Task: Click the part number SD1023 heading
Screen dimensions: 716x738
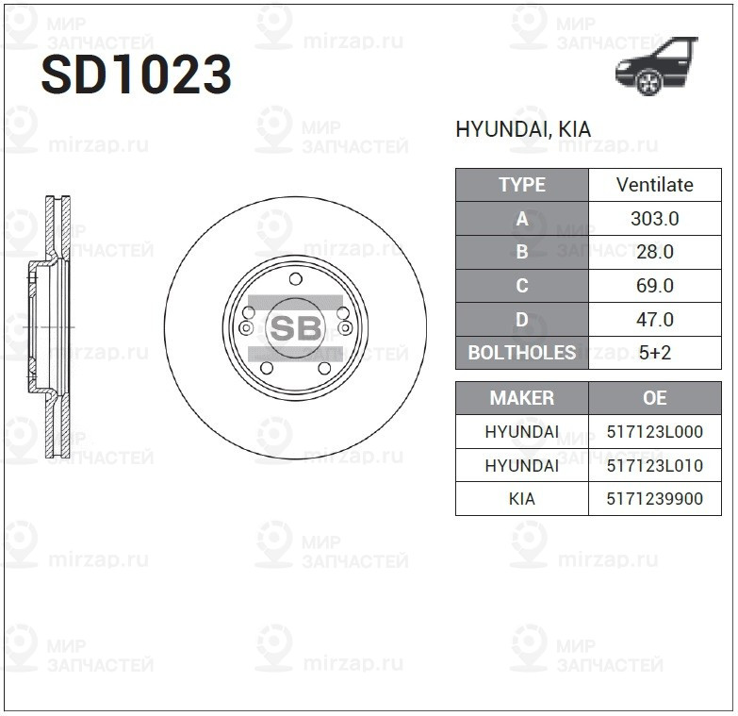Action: coord(136,75)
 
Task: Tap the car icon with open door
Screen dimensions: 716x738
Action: coord(656,67)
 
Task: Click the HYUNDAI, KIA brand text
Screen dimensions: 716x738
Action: coord(523,130)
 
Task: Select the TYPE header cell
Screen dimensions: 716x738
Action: coord(521,185)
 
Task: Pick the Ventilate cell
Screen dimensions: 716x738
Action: coord(654,185)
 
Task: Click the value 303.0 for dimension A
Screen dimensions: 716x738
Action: coord(654,219)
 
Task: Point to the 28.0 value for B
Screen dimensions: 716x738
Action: coord(654,252)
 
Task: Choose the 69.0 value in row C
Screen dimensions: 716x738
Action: coord(654,286)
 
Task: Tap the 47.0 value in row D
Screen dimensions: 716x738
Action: coord(654,320)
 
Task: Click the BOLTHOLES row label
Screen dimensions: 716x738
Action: coord(521,353)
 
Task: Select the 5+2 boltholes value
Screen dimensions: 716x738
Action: coord(654,353)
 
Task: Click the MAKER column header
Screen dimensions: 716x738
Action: coord(521,398)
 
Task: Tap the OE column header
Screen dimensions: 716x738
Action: coord(654,398)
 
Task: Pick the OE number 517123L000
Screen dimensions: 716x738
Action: coord(654,432)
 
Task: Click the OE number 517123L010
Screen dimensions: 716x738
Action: coord(654,465)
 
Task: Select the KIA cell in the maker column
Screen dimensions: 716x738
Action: coord(521,499)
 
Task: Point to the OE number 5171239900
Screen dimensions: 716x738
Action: coord(654,499)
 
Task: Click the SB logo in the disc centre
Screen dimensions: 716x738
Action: coord(295,327)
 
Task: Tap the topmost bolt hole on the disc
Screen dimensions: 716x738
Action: coord(295,278)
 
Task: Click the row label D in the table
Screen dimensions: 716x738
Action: coord(521,320)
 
